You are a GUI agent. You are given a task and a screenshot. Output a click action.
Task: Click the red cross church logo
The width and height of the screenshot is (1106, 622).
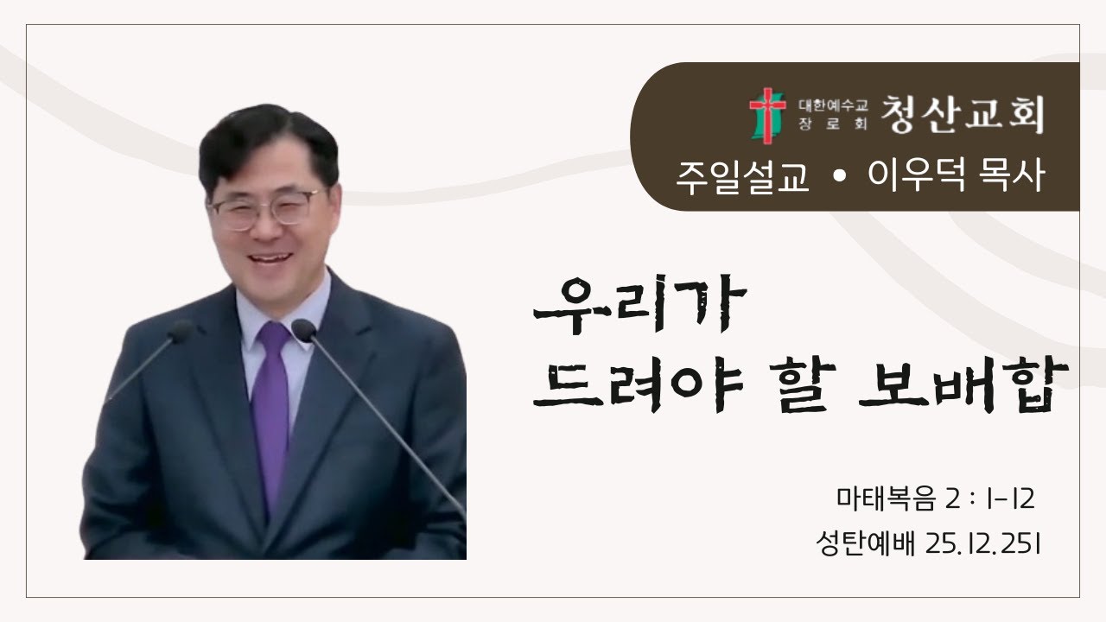point(767,116)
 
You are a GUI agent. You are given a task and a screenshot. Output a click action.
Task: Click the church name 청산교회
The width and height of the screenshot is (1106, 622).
point(963,115)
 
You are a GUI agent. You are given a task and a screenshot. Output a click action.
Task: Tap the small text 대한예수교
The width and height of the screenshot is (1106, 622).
point(833,105)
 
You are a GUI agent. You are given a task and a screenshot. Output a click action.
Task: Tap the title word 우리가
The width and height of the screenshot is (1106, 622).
point(640,305)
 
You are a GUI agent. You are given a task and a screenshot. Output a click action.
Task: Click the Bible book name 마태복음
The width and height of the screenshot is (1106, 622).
point(886,498)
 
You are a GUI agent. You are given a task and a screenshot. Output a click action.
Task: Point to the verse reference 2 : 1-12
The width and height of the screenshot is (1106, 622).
point(990,499)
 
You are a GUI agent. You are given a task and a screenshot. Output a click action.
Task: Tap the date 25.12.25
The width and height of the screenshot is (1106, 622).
point(981,544)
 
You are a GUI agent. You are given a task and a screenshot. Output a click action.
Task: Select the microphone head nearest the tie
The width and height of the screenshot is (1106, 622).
point(303,330)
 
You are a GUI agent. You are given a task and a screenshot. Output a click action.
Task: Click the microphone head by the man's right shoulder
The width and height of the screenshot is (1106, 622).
point(181,331)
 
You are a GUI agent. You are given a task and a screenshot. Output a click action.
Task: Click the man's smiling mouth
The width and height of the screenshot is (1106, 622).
point(270,258)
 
